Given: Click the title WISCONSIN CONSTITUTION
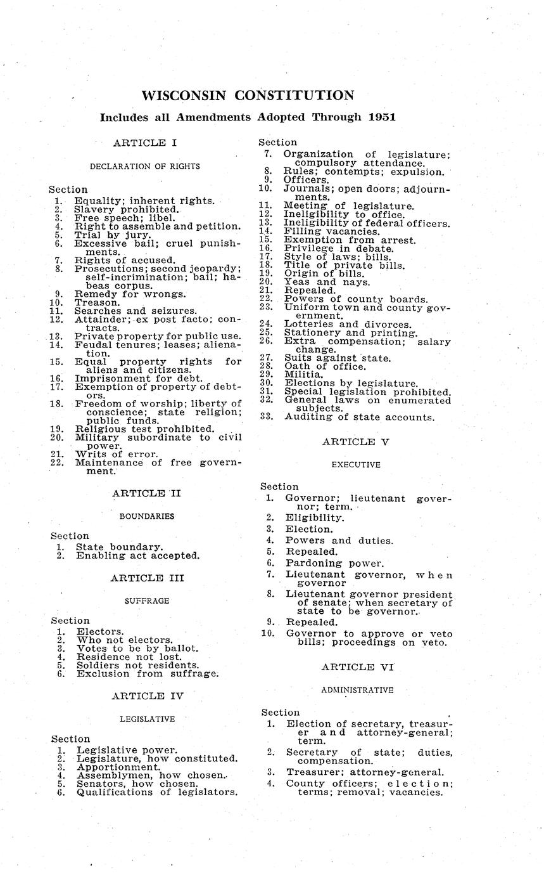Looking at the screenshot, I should point(248,96).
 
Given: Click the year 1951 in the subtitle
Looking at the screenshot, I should point(377,117).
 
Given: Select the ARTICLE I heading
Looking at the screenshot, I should point(144,143).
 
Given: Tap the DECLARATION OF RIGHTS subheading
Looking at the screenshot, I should point(144,166).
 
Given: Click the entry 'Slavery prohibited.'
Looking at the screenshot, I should point(127,209).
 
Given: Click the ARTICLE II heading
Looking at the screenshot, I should point(147,493).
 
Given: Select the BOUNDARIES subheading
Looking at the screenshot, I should point(147,516).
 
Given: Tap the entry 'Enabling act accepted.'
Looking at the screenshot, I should point(137,555).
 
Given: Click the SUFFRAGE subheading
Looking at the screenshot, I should point(146,600).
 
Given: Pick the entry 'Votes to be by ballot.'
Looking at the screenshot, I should point(137,649).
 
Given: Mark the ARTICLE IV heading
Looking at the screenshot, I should point(147,696).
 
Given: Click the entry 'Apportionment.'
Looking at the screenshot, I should point(118,767).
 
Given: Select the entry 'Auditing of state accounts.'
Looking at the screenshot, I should point(360,417).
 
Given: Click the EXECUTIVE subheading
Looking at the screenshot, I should point(356,465).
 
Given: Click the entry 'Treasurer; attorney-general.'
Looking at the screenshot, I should point(365,772).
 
